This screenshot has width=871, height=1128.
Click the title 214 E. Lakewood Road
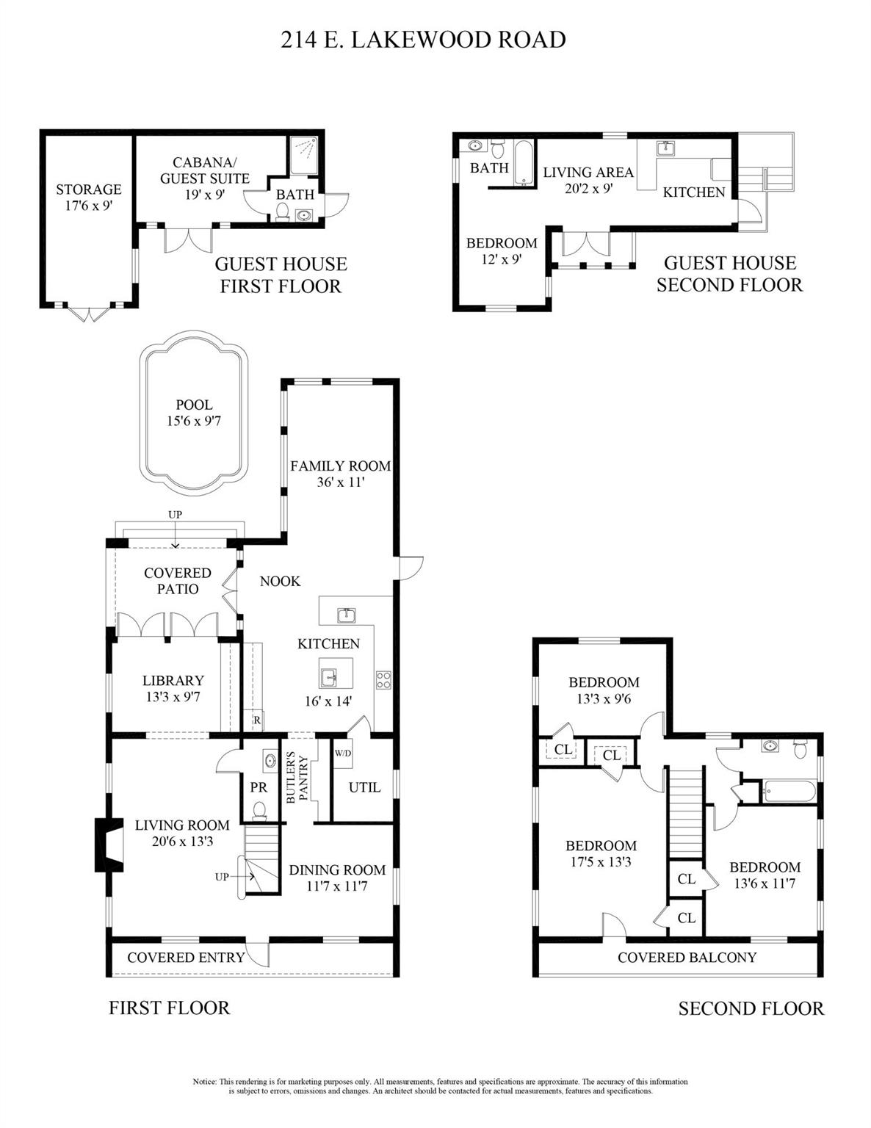pos(423,40)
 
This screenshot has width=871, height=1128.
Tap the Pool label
pos(194,405)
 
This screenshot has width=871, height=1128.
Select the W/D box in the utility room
pos(342,753)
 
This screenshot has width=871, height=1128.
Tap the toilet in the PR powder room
pos(259,810)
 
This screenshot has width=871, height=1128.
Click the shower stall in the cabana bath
pos(304,155)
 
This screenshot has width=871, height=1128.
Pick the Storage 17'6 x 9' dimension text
pos(89,206)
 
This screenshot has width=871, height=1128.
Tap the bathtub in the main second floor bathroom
pos(789,792)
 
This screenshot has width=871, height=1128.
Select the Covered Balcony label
pos(687,957)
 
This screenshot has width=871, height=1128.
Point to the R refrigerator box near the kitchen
pos(257,720)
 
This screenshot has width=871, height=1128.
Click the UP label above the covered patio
pos(175,515)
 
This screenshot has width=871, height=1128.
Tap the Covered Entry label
pos(186,957)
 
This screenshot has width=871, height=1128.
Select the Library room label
pos(173,681)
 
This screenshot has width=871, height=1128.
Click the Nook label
pos(280,581)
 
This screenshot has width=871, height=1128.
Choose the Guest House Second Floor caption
pos(729,274)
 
